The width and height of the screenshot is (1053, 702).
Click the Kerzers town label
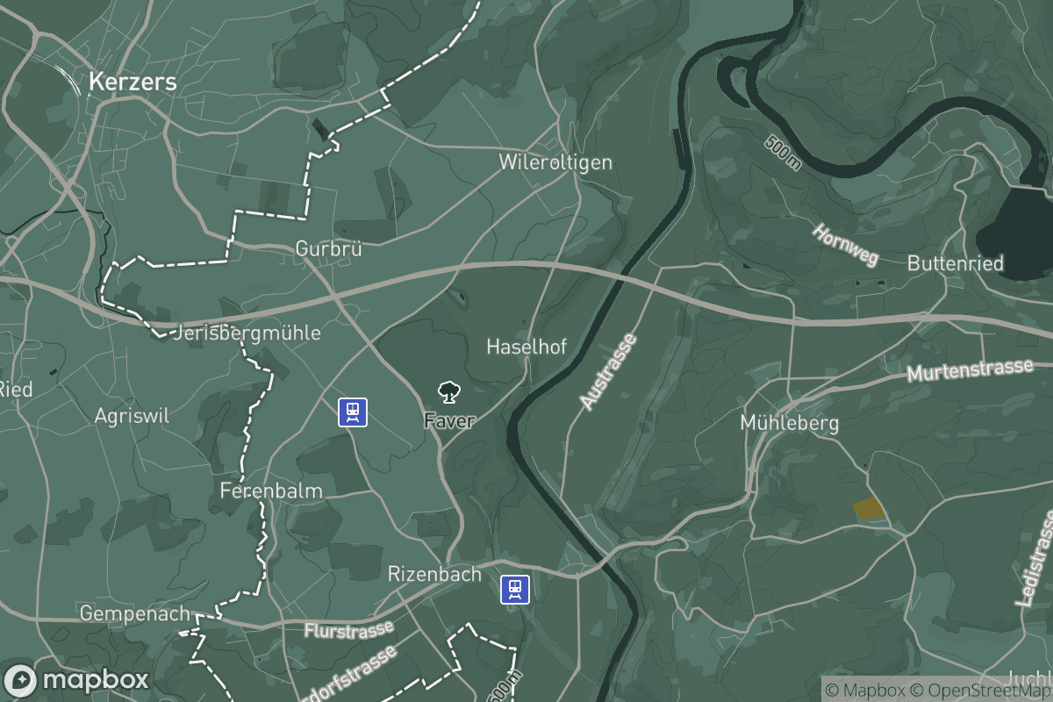tap(132, 83)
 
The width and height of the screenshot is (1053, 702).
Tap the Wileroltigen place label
tap(555, 162)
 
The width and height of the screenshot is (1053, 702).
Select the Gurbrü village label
tap(329, 248)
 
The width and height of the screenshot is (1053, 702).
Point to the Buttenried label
tap(956, 262)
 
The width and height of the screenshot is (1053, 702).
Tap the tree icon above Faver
tap(448, 391)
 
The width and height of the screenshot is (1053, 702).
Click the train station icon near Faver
tap(353, 412)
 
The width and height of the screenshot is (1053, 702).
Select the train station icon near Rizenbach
tap(515, 589)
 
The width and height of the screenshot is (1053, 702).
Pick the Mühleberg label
tap(790, 423)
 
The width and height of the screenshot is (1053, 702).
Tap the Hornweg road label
tap(845, 245)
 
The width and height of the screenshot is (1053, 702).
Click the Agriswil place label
tap(132, 415)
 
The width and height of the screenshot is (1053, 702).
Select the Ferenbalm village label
tap(271, 490)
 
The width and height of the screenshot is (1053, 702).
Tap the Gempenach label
tap(123, 613)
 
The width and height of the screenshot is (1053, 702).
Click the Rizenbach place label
tap(434, 575)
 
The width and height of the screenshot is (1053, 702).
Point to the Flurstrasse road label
tap(348, 630)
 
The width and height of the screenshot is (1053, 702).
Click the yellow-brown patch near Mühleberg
tap(868, 507)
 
